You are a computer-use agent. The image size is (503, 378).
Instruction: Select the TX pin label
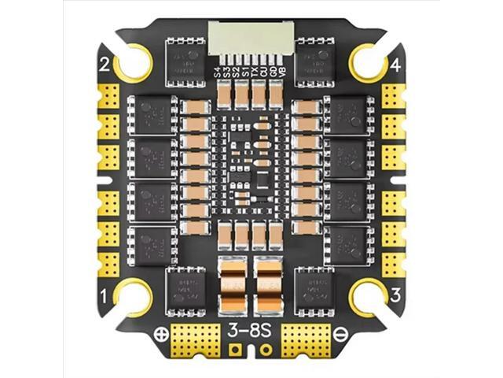[x=254, y=73]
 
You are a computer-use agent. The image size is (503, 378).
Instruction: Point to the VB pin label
[x=282, y=74]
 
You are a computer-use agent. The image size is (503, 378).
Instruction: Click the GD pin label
[x=273, y=74]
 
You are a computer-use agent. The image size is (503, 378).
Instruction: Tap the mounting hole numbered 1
[x=134, y=298]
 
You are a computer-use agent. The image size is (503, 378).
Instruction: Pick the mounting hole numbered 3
[x=368, y=298]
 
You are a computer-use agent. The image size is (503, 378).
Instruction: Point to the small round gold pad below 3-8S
[x=266, y=348]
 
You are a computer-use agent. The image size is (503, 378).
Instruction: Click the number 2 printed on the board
[x=105, y=65]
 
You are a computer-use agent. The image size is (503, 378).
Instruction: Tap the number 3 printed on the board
[x=397, y=296]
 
